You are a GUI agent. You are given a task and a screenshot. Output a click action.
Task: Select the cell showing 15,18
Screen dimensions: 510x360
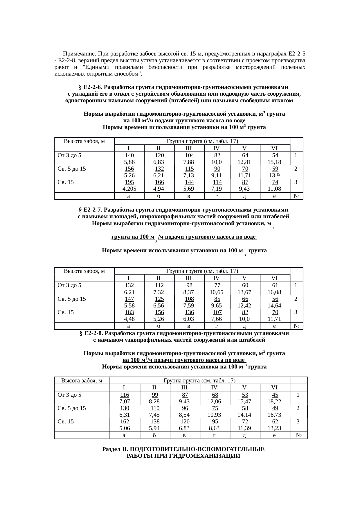pyautogui.click(x=274, y=162)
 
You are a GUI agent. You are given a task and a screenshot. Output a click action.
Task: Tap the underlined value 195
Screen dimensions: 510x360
pyautogui.click(x=129, y=182)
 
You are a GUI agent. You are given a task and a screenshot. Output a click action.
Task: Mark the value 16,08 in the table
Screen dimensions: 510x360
pyautogui.click(x=274, y=292)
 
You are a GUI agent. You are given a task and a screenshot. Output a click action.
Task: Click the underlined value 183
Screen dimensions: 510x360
pyautogui.click(x=129, y=312)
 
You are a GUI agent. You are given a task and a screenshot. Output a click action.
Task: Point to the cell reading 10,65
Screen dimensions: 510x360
pyautogui.click(x=216, y=292)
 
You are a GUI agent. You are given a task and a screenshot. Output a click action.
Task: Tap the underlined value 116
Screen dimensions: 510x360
pyautogui.click(x=125, y=395)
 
